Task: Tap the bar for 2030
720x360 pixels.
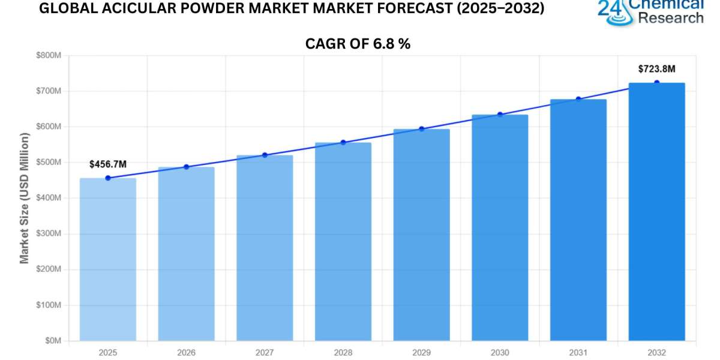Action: pyautogui.click(x=500, y=228)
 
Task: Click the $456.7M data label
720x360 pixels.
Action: pyautogui.click(x=108, y=164)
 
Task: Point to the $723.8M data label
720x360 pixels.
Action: pyautogui.click(x=656, y=69)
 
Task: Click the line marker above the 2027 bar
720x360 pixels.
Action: pyautogui.click(x=265, y=155)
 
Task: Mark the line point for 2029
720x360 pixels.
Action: pyautogui.click(x=421, y=128)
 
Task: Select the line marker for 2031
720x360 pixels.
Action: pyautogui.click(x=578, y=99)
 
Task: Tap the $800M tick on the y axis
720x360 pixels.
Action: pyautogui.click(x=49, y=55)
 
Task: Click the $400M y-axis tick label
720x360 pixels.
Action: pyautogui.click(x=49, y=198)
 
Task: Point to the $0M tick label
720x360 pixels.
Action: pyautogui.click(x=53, y=341)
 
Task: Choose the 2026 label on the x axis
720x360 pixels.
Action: pyautogui.click(x=186, y=353)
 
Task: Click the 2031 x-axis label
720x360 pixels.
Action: pyautogui.click(x=578, y=353)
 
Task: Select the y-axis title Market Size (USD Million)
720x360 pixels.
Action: pyautogui.click(x=25, y=198)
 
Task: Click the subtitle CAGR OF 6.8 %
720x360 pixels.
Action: pyautogui.click(x=358, y=43)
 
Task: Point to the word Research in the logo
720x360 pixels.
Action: pyautogui.click(x=670, y=18)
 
